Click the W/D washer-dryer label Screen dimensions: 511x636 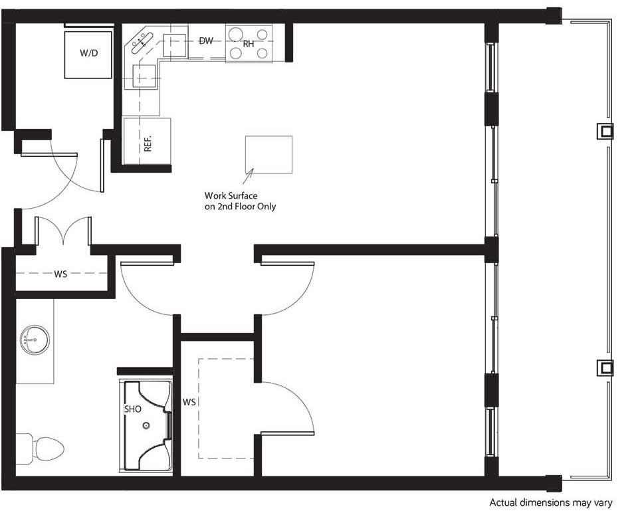pos(88,52)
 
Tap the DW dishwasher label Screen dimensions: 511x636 pos(206,41)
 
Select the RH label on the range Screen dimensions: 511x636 pos(248,44)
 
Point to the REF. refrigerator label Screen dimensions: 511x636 pos(148,144)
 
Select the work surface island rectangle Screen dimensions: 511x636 pos(268,154)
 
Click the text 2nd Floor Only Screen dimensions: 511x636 pos(247,207)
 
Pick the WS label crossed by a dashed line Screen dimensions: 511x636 pos(60,274)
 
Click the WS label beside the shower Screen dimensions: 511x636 pos(189,403)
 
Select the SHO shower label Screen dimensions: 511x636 pos(132,409)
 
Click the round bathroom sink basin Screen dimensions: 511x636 pos(33,340)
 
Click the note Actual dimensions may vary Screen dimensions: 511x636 pos(550,502)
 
